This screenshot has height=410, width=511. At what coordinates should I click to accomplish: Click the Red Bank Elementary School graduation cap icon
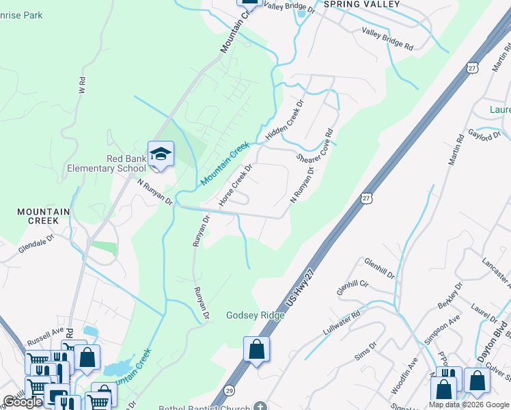pyautogui.click(x=161, y=154)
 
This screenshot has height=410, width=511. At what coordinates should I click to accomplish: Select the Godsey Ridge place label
pyautogui.click(x=254, y=315)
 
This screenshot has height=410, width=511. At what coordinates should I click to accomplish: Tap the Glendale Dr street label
pyautogui.click(x=36, y=245)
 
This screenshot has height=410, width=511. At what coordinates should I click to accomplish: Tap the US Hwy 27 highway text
pyautogui.click(x=301, y=285)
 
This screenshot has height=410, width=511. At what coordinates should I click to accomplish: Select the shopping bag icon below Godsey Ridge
pyautogui.click(x=256, y=350)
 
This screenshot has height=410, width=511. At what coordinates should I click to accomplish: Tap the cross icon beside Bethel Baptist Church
pyautogui.click(x=260, y=406)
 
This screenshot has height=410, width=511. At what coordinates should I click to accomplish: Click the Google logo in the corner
pyautogui.click(x=23, y=402)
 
